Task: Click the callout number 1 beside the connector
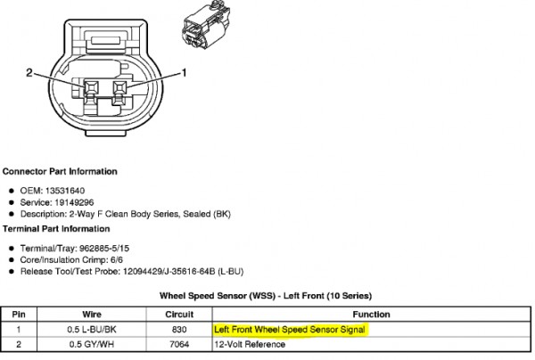(x=184, y=72)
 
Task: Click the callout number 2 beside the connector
(x=29, y=72)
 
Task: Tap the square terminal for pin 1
(x=119, y=87)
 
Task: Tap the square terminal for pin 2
(x=92, y=87)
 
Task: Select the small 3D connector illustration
(x=206, y=25)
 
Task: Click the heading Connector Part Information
(x=60, y=171)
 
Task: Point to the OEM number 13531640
(x=65, y=191)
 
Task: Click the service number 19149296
(x=74, y=202)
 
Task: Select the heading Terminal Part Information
(x=56, y=229)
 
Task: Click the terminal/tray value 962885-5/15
(x=104, y=249)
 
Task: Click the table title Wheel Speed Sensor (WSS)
(x=218, y=296)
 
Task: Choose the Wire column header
(x=92, y=315)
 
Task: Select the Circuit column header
(x=179, y=315)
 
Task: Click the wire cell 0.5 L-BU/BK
(x=92, y=330)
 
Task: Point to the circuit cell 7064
(x=179, y=344)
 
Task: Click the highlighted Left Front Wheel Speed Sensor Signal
(x=290, y=330)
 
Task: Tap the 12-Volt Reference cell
(x=250, y=344)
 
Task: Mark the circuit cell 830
(x=179, y=330)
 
